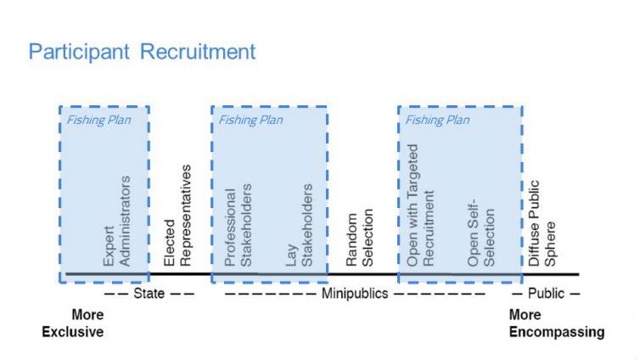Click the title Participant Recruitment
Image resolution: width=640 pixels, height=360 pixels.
[x=142, y=52]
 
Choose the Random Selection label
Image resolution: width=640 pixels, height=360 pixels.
[x=360, y=237]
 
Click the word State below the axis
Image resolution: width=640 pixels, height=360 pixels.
[x=149, y=294]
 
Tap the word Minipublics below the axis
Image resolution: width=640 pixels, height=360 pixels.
[x=354, y=294]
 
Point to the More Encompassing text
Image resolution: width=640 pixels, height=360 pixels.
[x=556, y=323]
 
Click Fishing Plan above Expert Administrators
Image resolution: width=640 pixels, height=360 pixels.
[x=99, y=120]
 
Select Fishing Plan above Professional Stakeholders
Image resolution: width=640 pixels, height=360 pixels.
[x=250, y=120]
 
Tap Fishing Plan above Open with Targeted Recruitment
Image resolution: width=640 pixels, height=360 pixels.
[x=437, y=120]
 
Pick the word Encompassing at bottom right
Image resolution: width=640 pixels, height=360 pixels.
[x=556, y=332]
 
